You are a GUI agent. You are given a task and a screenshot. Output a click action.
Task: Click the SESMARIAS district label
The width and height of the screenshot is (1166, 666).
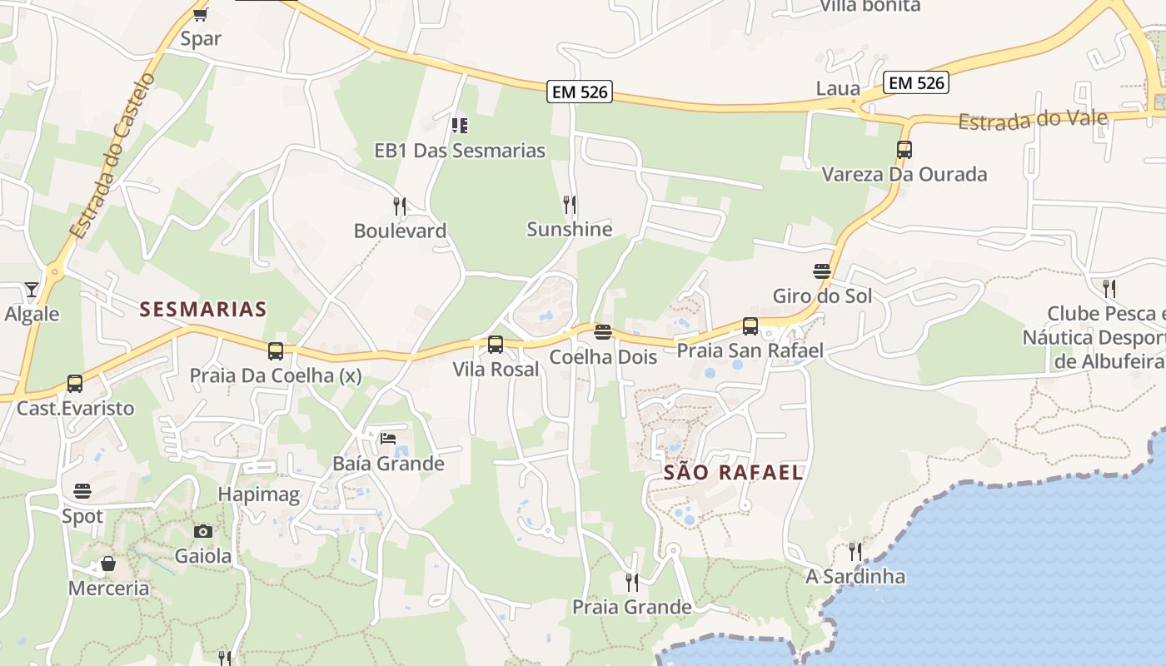pyautogui.click(x=202, y=310)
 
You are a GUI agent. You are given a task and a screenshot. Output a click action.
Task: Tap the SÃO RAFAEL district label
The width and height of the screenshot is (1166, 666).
pyautogui.click(x=733, y=473)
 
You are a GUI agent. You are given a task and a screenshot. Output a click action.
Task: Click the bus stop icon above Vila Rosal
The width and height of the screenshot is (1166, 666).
pyautogui.click(x=496, y=344)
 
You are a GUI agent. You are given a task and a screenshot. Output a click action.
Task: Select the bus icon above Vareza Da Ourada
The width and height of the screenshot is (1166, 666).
pyautogui.click(x=904, y=150)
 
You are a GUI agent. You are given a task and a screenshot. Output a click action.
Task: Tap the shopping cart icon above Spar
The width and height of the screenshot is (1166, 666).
pyautogui.click(x=200, y=14)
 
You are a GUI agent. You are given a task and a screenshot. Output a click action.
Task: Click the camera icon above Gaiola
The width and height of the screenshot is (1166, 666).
pyautogui.click(x=202, y=531)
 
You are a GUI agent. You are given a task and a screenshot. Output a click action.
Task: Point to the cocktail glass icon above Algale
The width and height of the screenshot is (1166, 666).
pyautogui.click(x=32, y=290)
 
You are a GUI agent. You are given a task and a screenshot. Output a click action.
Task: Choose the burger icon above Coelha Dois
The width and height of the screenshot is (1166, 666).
pyautogui.click(x=603, y=332)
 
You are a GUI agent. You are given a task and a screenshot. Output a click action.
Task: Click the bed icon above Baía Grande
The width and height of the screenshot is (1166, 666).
pyautogui.click(x=387, y=438)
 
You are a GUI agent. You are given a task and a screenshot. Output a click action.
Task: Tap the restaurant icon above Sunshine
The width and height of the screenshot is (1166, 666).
pyautogui.click(x=570, y=204)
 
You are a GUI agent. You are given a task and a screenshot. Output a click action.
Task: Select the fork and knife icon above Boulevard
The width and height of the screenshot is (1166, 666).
pyautogui.click(x=400, y=206)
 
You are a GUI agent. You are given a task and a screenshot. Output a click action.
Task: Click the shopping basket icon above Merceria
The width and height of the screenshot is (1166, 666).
pyautogui.click(x=108, y=564)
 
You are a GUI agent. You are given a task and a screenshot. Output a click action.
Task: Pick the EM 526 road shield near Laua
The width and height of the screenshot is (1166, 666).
pyautogui.click(x=916, y=82)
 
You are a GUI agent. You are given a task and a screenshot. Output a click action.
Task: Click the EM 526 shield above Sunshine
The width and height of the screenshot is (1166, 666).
pyautogui.click(x=580, y=92)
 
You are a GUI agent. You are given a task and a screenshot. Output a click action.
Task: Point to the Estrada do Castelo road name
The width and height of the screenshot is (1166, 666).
pyautogui.click(x=112, y=157)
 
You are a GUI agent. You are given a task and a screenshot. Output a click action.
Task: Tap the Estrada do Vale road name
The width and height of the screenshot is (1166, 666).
pyautogui.click(x=1033, y=120)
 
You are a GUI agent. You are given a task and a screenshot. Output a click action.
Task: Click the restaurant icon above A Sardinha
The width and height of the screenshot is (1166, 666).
pyautogui.click(x=855, y=551)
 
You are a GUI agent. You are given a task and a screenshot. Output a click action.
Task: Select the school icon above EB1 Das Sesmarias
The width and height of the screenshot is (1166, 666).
pyautogui.click(x=459, y=126)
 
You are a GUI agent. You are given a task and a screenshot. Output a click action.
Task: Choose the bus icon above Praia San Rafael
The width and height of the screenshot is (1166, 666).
pyautogui.click(x=750, y=326)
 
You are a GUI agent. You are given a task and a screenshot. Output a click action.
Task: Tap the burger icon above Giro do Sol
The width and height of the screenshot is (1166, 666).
pyautogui.click(x=822, y=271)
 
